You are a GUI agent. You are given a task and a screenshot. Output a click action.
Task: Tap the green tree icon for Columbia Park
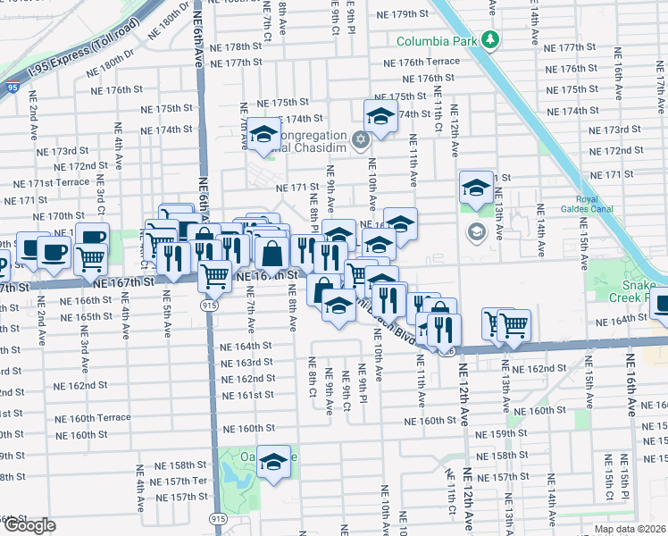point(489,40)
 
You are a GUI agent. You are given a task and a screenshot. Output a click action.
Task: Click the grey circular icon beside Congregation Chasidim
point(360,138)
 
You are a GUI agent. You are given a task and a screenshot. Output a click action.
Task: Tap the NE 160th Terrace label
point(93,418)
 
